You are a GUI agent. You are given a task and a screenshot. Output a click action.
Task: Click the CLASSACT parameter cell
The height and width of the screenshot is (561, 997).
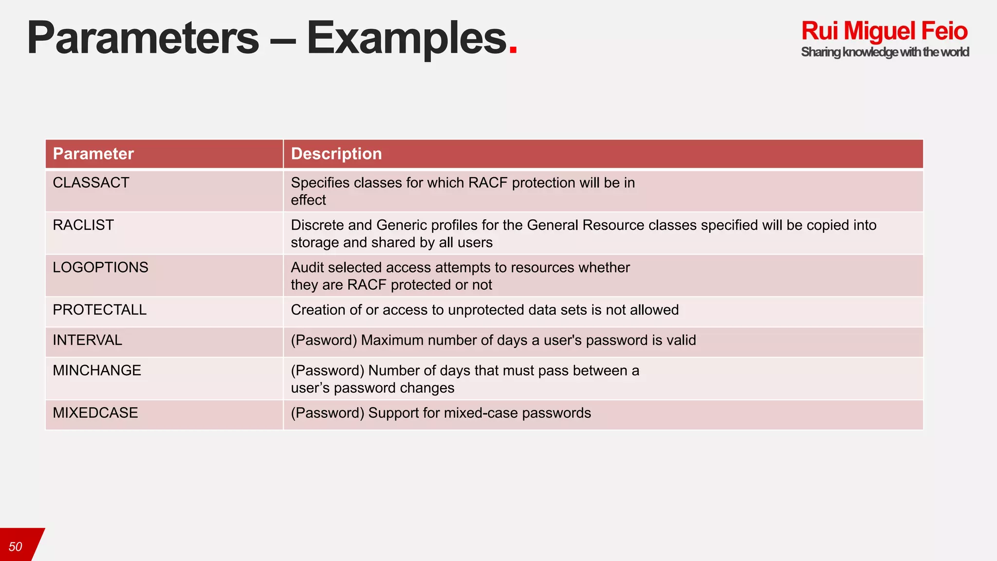(x=91, y=183)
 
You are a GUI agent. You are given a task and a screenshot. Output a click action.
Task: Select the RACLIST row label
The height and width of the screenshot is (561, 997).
(x=83, y=225)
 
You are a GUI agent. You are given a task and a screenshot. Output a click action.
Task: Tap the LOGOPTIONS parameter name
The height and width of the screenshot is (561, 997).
(x=100, y=267)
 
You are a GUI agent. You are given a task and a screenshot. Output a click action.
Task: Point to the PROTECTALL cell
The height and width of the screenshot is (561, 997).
(x=99, y=310)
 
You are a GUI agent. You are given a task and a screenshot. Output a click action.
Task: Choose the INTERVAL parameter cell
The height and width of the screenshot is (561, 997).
(x=87, y=340)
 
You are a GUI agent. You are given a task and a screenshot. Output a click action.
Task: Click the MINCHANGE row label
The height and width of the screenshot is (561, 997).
(x=97, y=371)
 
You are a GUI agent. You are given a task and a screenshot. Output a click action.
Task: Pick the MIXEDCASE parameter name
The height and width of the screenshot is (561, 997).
(x=95, y=413)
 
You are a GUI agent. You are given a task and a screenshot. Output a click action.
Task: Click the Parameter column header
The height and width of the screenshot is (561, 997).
(x=93, y=154)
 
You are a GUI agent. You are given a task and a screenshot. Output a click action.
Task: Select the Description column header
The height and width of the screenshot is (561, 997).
(x=336, y=154)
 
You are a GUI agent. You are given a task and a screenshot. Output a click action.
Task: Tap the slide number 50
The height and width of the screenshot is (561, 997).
(x=16, y=547)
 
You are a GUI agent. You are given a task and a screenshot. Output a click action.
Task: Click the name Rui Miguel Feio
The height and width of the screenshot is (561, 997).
(x=884, y=31)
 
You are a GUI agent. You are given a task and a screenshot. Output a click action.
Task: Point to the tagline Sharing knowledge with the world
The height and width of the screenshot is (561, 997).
(x=885, y=52)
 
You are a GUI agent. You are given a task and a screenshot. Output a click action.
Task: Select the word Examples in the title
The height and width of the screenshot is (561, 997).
(x=406, y=39)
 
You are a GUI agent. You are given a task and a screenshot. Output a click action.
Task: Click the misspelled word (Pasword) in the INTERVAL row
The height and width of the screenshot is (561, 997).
(x=324, y=340)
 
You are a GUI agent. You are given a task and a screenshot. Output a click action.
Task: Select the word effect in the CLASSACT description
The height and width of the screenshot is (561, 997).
(x=308, y=200)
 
